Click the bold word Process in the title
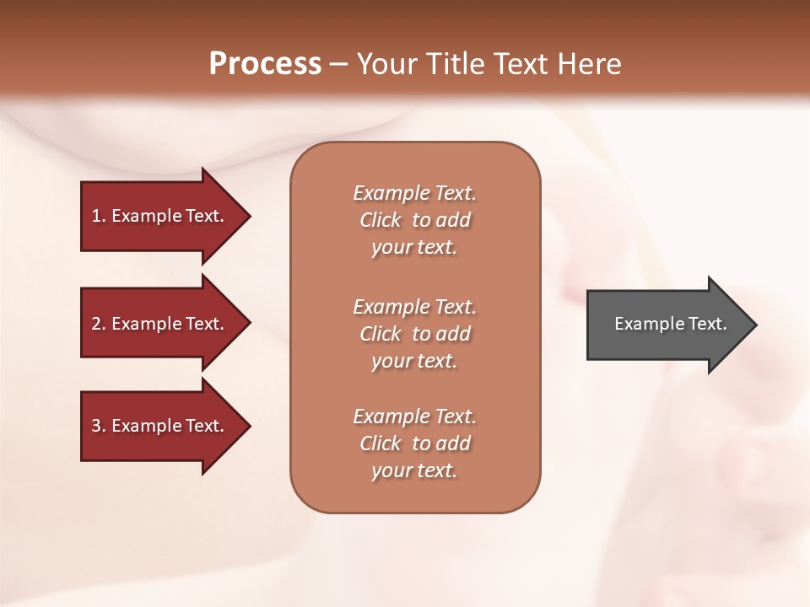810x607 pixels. (x=265, y=64)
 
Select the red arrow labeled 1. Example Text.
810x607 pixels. (x=160, y=216)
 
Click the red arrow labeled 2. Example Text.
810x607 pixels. (x=160, y=324)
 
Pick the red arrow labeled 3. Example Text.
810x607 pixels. (x=160, y=426)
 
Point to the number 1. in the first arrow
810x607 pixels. (x=98, y=216)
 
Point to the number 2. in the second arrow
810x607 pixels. (x=98, y=324)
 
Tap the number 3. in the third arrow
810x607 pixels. (x=98, y=426)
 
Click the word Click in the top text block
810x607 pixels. (x=381, y=220)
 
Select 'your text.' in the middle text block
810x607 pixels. (x=414, y=361)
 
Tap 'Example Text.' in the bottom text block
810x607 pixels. (x=414, y=416)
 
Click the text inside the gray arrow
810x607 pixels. (x=670, y=324)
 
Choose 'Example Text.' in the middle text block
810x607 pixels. (x=414, y=307)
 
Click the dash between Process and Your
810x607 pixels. (x=338, y=64)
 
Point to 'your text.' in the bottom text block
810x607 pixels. (x=414, y=470)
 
